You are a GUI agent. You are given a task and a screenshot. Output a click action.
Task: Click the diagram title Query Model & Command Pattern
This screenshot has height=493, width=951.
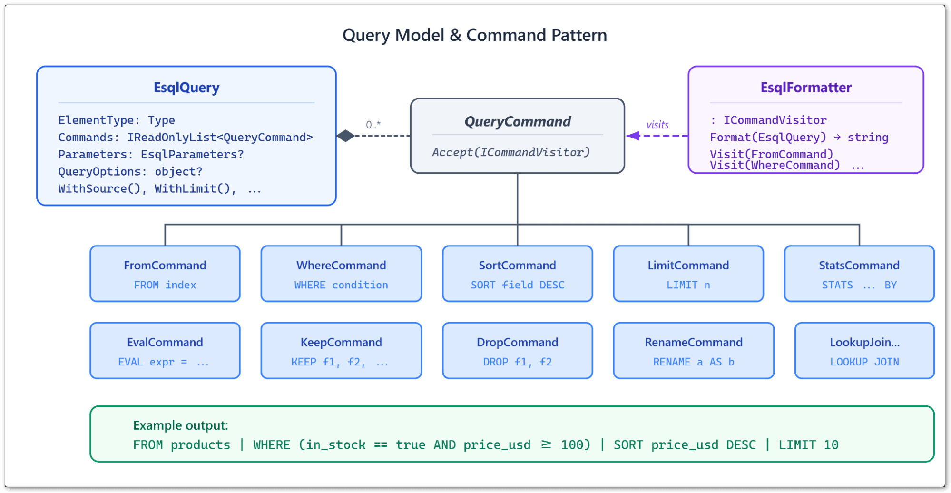click(474, 35)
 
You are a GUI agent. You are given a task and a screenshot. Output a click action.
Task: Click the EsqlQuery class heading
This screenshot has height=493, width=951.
click(186, 88)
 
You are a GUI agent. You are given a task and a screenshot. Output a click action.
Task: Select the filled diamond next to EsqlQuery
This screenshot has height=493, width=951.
click(346, 136)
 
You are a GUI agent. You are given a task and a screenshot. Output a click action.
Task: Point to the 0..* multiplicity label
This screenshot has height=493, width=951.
click(373, 125)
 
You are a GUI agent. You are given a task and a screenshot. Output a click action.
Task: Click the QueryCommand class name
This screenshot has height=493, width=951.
click(517, 122)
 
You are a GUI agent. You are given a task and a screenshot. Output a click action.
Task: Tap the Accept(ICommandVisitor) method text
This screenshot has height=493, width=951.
click(510, 152)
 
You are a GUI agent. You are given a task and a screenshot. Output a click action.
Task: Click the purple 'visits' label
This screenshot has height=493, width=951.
click(657, 125)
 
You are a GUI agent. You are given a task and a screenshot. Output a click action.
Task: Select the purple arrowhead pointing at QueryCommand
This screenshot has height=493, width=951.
click(633, 136)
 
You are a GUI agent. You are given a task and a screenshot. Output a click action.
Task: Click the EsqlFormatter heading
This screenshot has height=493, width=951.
click(805, 88)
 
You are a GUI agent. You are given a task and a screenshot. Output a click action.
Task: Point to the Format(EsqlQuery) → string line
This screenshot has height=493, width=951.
click(798, 138)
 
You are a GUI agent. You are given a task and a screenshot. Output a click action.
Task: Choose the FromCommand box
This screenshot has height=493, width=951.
click(165, 274)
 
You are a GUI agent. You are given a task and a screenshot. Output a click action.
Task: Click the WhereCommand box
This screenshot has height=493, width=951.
click(341, 274)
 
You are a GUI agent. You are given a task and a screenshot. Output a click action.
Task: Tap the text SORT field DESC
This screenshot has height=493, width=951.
click(517, 285)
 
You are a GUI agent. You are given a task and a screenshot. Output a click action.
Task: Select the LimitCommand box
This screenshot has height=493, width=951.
click(688, 274)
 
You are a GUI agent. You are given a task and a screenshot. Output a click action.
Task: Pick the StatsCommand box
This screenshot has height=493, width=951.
click(859, 274)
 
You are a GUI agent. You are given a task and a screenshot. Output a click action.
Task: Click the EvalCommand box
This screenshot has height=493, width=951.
click(165, 351)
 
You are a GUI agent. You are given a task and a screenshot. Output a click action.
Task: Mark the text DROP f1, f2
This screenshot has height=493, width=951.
click(517, 362)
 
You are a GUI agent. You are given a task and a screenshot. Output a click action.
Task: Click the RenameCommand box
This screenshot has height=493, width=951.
click(693, 351)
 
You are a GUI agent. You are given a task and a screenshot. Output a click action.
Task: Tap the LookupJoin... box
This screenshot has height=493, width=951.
click(864, 351)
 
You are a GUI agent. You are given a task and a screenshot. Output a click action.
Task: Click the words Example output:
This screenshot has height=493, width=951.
click(180, 425)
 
